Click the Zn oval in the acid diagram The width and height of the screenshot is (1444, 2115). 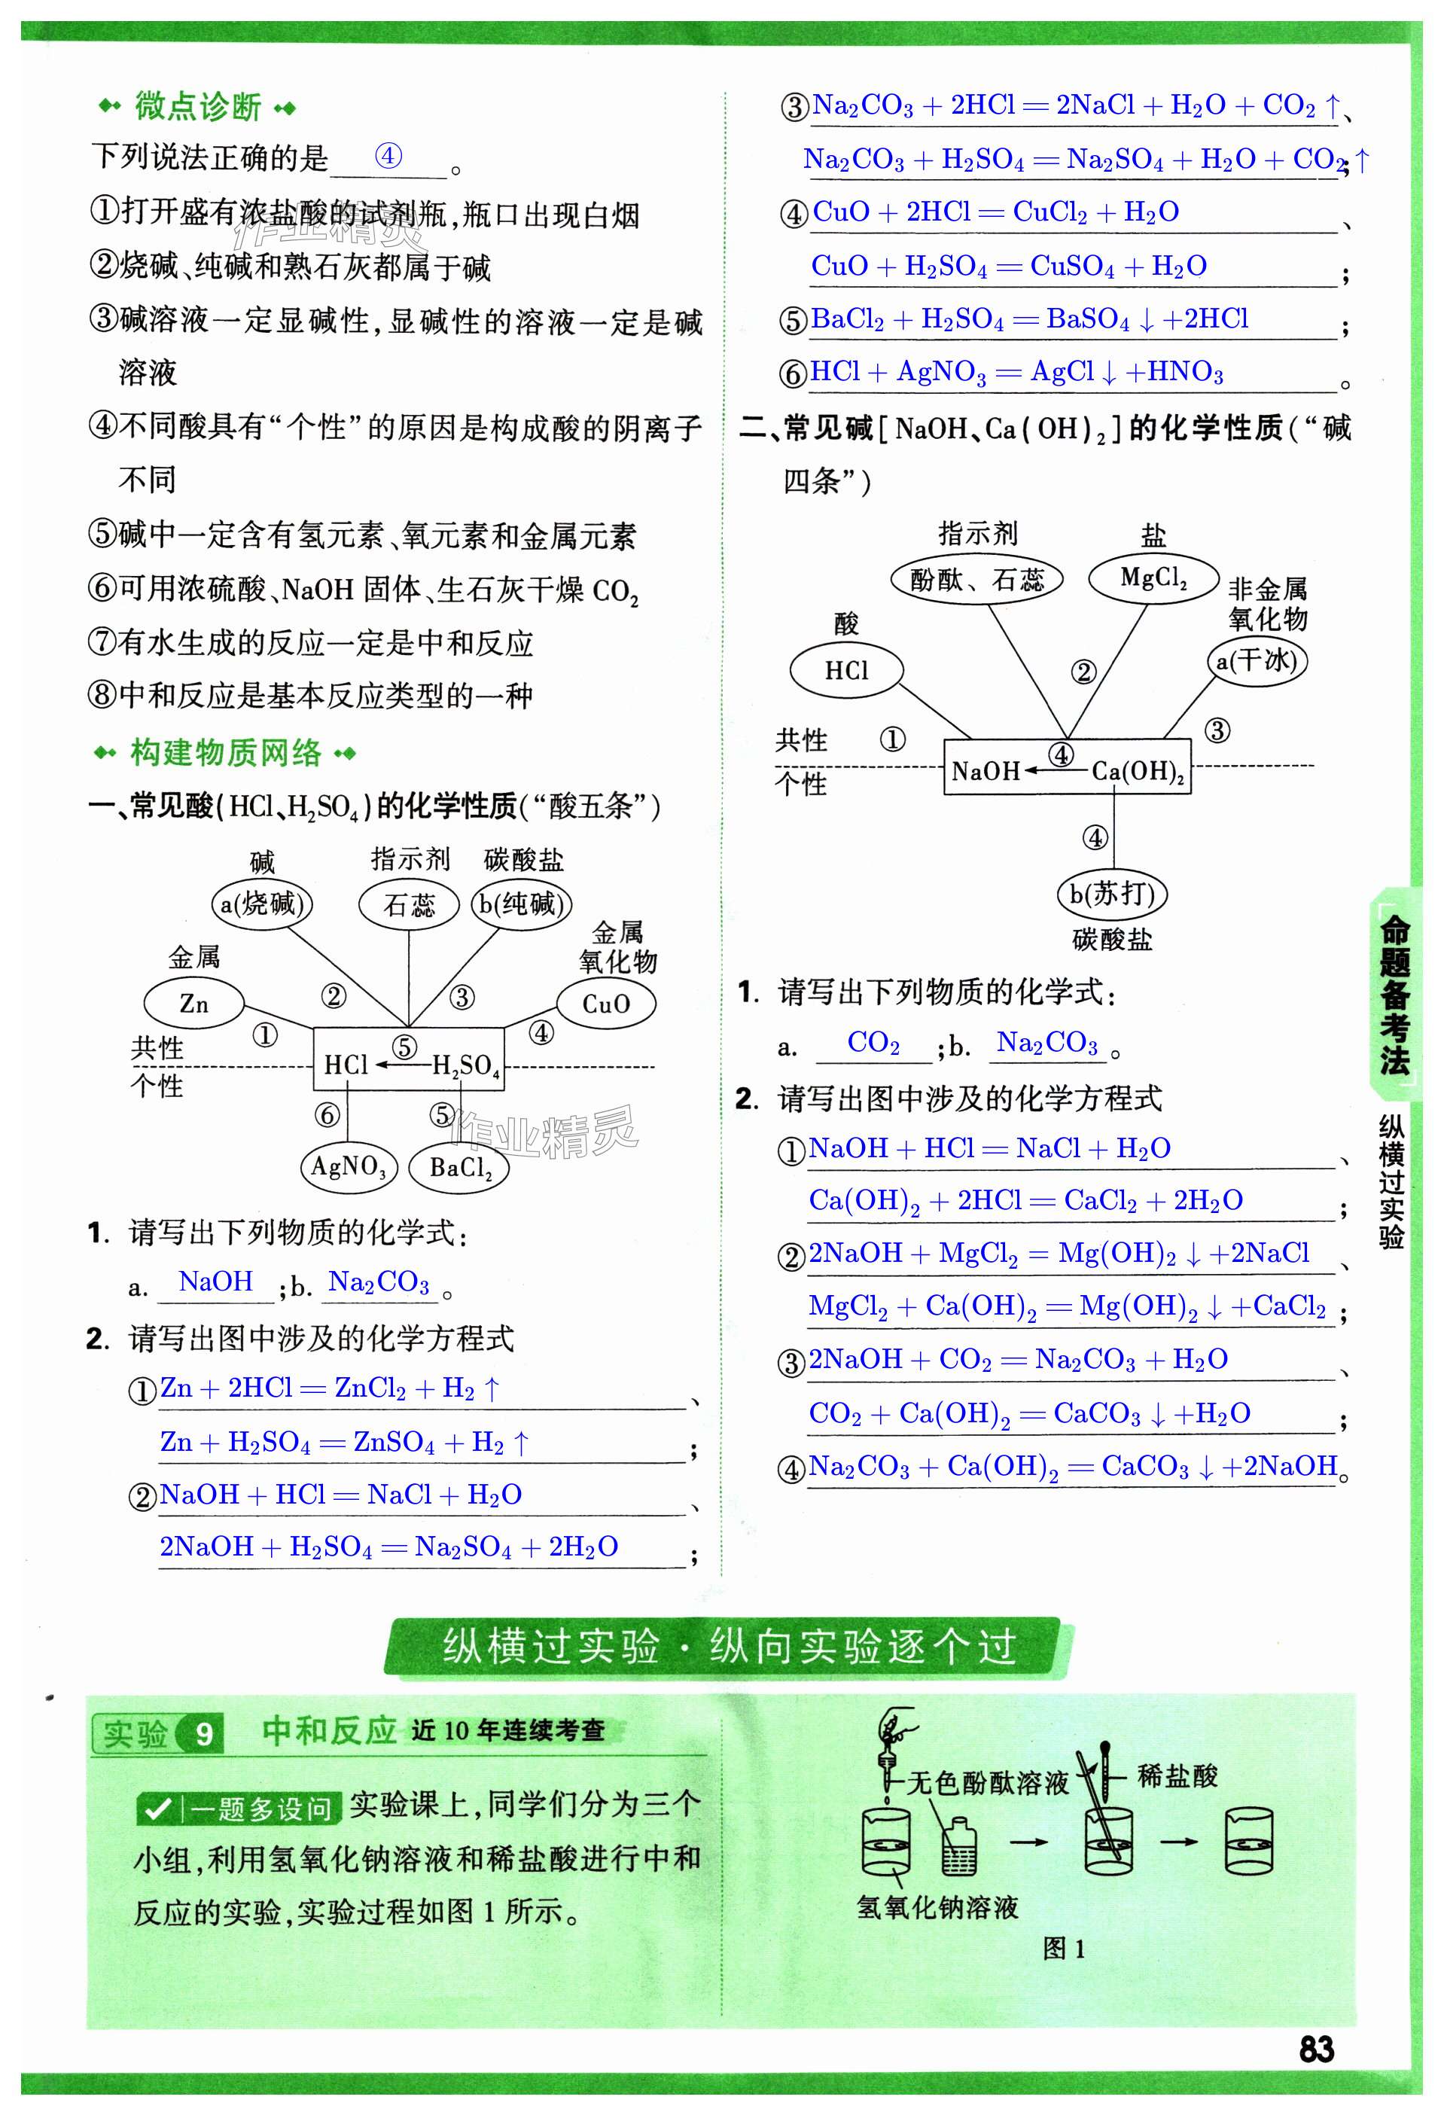(193, 1003)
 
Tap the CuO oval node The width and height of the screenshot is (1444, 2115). (605, 1004)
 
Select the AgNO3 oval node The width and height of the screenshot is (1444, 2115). (349, 1166)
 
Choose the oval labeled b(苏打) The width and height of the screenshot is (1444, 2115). (1112, 894)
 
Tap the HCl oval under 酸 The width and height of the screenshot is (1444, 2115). (846, 671)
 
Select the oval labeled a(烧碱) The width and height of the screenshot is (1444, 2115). (262, 904)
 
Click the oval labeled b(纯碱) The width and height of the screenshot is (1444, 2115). (522, 904)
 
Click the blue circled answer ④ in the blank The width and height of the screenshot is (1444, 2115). (388, 156)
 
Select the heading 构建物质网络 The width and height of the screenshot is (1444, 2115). (226, 753)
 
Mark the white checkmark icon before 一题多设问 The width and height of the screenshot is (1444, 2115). (159, 1809)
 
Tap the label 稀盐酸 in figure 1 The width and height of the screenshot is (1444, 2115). (1177, 1775)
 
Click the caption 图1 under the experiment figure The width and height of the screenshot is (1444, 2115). (1063, 1949)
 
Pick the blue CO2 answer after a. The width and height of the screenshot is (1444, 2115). (873, 1043)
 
